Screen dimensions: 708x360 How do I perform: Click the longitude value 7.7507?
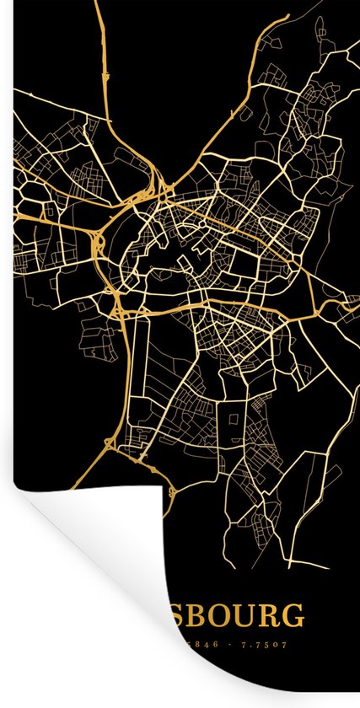click(x=263, y=645)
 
